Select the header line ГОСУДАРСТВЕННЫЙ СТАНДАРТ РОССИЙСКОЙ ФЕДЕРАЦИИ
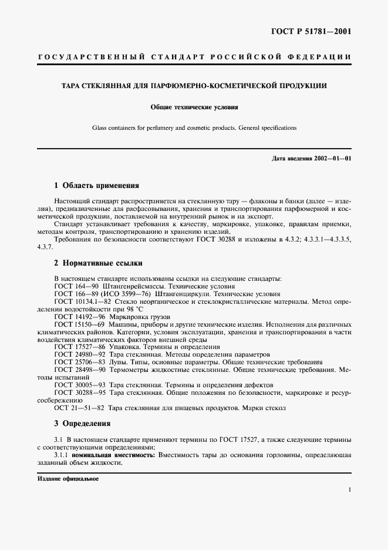tap(194, 57)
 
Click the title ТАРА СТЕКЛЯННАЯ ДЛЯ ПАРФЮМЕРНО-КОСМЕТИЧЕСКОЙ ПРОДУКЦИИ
tap(194, 86)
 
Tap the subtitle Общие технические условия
tap(194, 108)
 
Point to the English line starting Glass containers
tap(194, 128)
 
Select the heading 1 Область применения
tap(96, 185)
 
